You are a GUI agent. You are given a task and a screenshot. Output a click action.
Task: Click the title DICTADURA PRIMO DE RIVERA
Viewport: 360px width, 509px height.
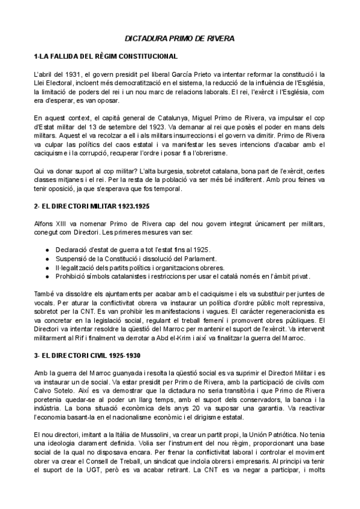(179, 38)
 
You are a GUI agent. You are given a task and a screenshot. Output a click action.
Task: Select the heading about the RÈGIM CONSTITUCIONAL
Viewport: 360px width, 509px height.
(106, 56)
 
